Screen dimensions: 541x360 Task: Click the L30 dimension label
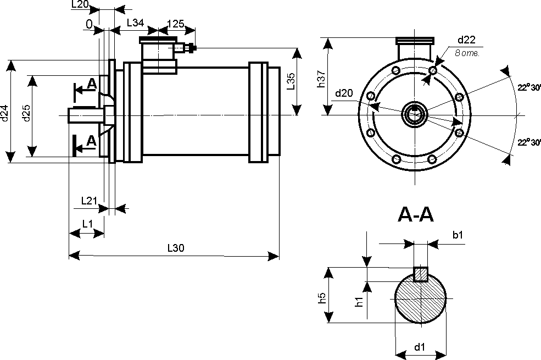click(176, 248)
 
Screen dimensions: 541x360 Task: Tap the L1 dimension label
click(88, 224)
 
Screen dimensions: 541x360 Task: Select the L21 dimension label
click(89, 201)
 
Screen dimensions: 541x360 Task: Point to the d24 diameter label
click(4, 113)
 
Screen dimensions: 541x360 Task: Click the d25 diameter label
click(26, 113)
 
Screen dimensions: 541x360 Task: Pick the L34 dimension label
click(135, 23)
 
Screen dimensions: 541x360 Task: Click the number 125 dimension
click(176, 24)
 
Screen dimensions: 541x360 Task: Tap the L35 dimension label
click(291, 81)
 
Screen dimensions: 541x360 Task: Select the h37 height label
click(321, 79)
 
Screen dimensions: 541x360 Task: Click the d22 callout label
click(466, 40)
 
